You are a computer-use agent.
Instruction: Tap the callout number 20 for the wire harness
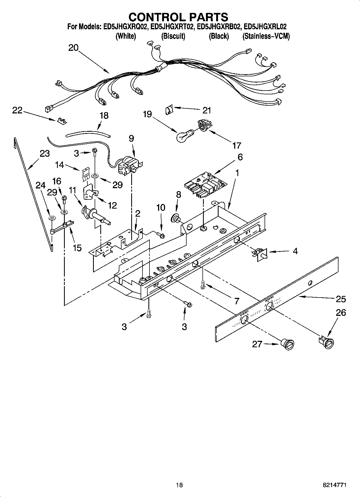click(73, 48)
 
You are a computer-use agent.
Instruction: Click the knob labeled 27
click(287, 344)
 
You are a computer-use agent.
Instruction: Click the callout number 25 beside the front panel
click(341, 299)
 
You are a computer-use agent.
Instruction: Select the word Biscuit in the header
click(173, 36)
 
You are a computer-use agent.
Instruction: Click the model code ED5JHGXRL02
click(265, 27)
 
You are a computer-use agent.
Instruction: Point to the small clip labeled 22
click(62, 121)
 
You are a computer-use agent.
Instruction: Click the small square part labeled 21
click(169, 110)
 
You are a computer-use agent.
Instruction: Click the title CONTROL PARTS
click(178, 17)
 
